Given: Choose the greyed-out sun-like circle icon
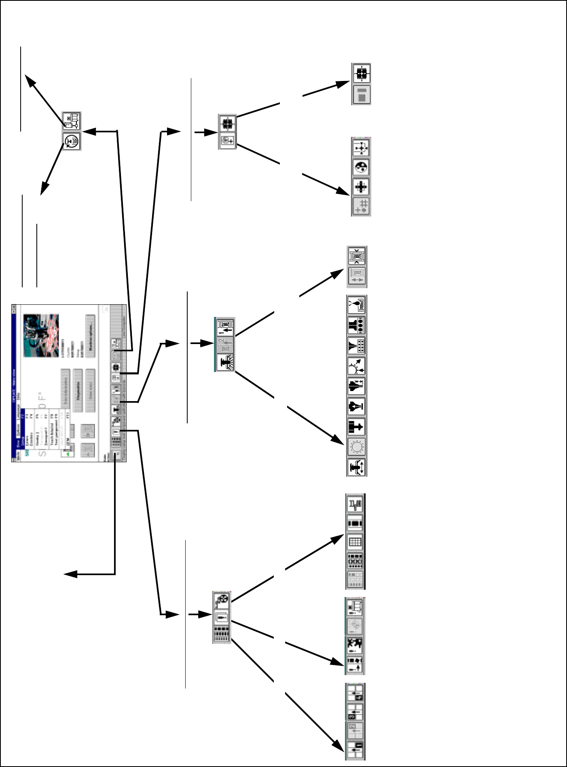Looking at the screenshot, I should [357, 447].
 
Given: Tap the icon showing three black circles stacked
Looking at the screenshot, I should [357, 325].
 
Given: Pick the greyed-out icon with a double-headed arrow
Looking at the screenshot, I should [357, 277].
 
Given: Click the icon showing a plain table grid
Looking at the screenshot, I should [355, 542].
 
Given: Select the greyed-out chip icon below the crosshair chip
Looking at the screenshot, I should [361, 95].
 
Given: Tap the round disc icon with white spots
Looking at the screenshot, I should [361, 167].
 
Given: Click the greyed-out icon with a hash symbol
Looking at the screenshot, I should [361, 206].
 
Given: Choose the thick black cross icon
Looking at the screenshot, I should [361, 187].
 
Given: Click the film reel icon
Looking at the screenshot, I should [222, 600].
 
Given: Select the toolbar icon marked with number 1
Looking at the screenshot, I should [225, 327].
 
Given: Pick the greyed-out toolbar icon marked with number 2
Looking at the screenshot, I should [225, 344].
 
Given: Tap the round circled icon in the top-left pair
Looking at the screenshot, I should [72, 141].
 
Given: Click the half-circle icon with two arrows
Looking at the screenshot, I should [357, 366].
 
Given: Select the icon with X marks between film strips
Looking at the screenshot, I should [355, 561].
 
